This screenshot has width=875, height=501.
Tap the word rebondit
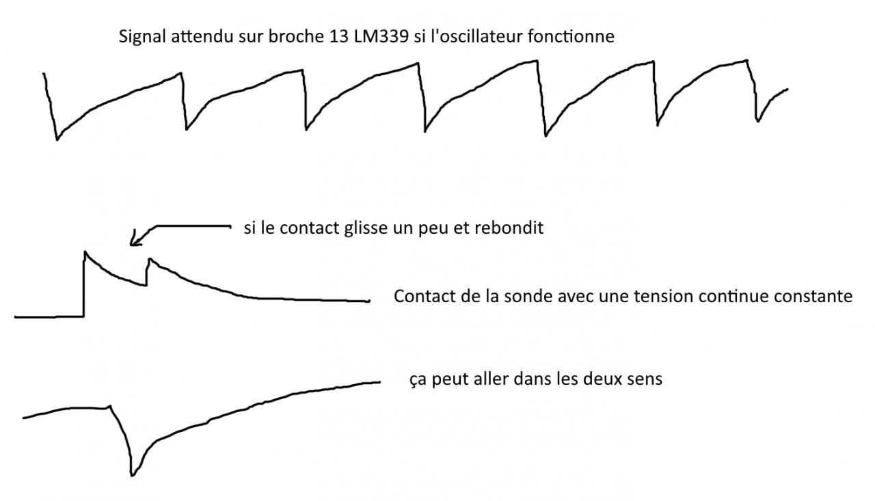pos(513,228)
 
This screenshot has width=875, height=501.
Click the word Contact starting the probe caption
pos(419,297)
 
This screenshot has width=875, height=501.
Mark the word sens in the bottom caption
pos(645,379)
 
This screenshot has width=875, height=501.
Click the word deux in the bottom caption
pos(608,379)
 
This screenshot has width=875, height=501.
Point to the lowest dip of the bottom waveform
pos(131,474)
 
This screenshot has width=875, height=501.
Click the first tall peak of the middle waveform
pos(85,252)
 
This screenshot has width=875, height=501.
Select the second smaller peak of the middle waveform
pos(149,260)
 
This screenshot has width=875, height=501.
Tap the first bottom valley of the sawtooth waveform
pos(57,139)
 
